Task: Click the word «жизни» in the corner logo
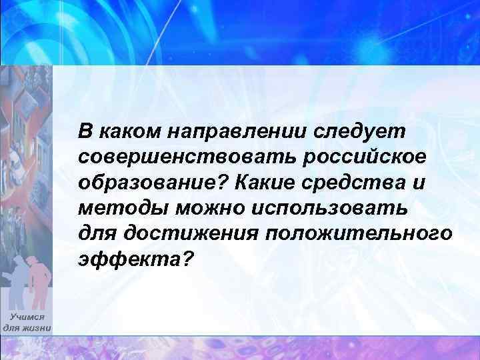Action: [36, 328]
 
